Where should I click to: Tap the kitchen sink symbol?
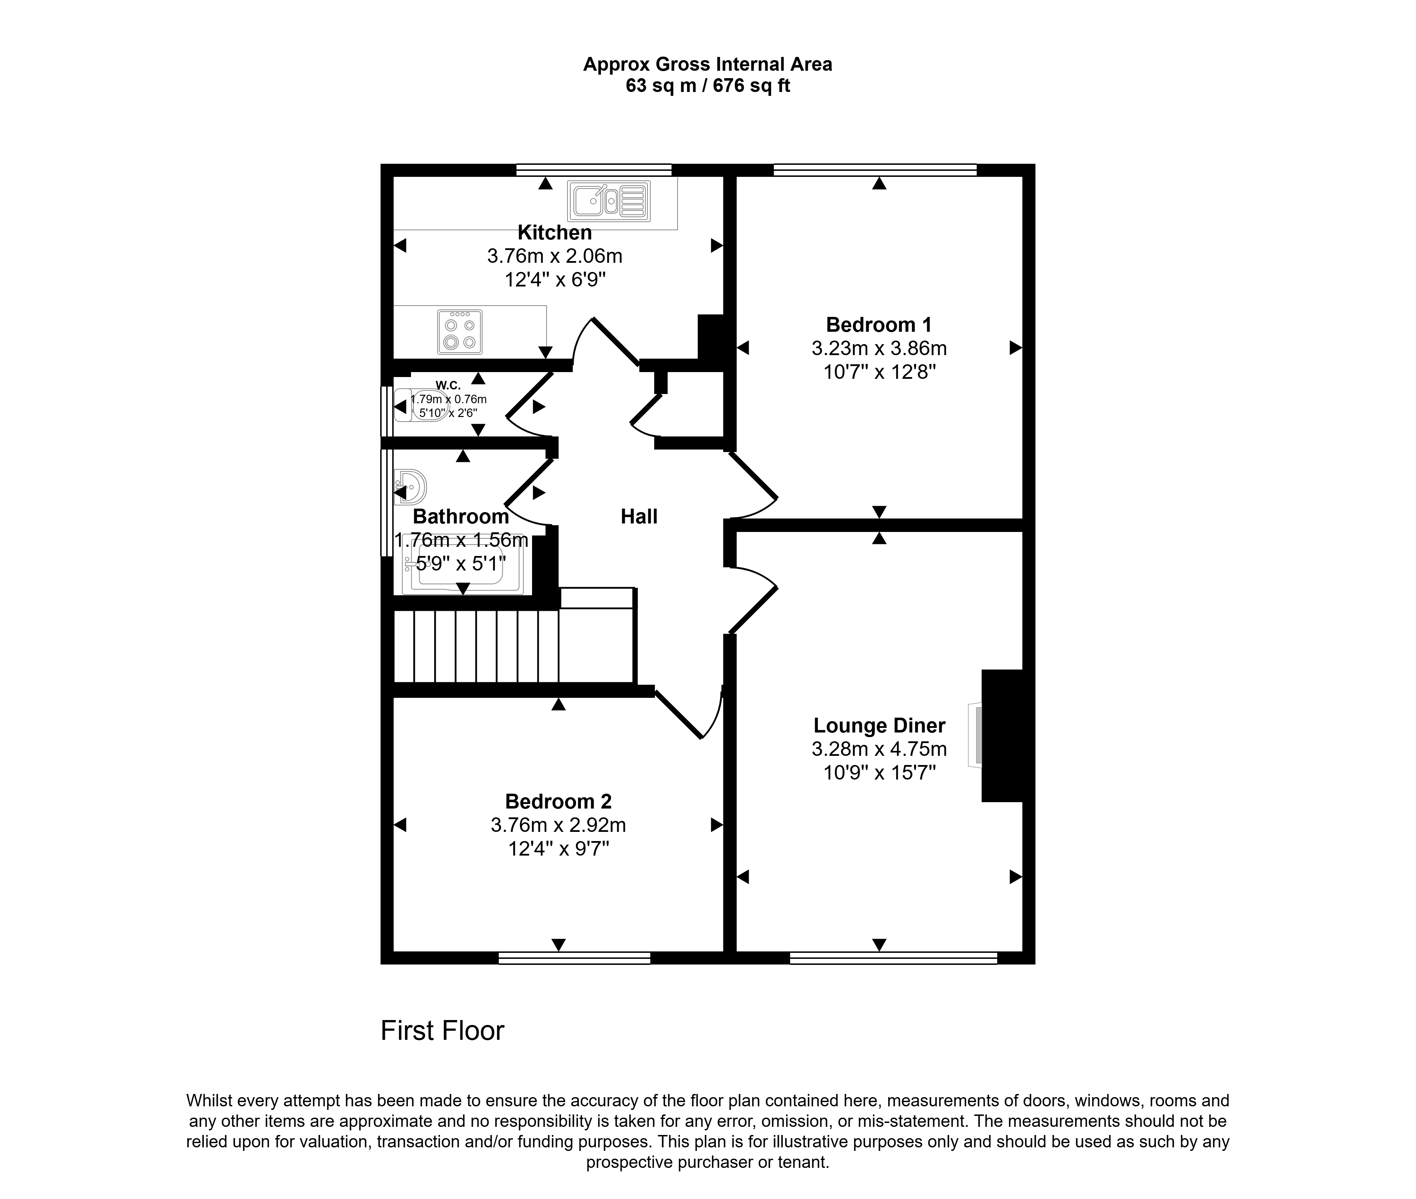609,201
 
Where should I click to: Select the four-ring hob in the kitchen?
460,332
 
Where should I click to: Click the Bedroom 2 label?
558,801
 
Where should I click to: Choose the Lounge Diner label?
879,725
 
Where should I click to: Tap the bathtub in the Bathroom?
462,564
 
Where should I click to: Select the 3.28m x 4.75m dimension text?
879,749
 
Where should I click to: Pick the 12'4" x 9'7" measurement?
558,848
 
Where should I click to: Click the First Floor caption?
442,1030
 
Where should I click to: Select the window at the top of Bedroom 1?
875,170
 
